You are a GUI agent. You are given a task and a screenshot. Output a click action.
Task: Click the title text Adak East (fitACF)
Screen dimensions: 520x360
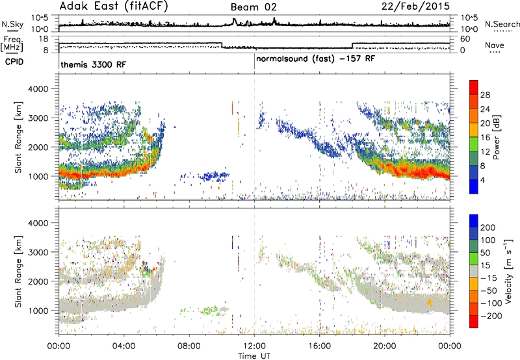click(x=114, y=6)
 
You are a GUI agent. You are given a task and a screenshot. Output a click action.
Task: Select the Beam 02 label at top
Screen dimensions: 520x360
click(x=253, y=7)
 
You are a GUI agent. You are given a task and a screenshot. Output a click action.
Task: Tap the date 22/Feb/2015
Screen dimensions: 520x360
click(x=415, y=6)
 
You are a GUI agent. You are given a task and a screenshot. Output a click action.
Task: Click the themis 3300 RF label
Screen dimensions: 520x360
click(x=94, y=64)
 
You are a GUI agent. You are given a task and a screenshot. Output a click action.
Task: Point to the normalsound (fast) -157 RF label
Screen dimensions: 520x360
click(x=316, y=59)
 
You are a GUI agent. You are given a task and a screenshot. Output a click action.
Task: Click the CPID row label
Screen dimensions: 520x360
click(x=14, y=62)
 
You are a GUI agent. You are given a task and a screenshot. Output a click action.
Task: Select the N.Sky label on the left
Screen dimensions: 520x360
click(x=12, y=24)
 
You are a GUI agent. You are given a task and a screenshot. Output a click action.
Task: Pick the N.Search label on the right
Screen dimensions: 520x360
click(x=502, y=24)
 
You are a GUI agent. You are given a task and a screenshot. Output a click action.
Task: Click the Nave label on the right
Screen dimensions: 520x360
click(x=495, y=45)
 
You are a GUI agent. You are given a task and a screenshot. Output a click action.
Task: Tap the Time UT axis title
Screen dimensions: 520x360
click(x=254, y=356)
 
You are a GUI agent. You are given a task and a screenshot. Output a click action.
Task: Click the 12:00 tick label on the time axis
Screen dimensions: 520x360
click(x=254, y=346)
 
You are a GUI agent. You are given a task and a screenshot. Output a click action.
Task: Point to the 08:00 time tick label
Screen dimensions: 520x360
click(x=189, y=346)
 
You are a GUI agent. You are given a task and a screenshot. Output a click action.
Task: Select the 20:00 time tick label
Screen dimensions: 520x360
click(x=385, y=346)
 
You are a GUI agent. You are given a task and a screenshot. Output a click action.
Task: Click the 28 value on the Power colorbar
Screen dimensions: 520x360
click(x=485, y=95)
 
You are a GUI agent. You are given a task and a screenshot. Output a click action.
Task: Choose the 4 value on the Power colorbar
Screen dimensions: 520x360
click(x=483, y=180)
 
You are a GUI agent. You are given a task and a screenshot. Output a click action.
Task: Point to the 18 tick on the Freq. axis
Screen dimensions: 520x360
click(x=44, y=39)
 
